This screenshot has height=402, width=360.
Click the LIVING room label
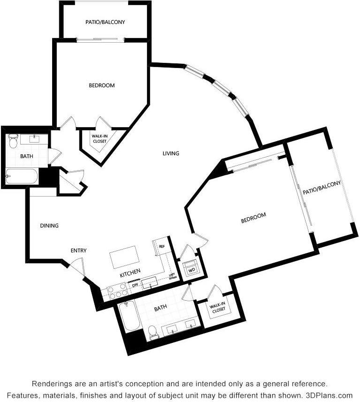pyautogui.click(x=171, y=153)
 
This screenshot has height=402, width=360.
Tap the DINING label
pyautogui.click(x=49, y=226)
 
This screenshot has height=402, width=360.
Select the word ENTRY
pyautogui.click(x=78, y=250)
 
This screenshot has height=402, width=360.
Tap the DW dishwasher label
pyautogui.click(x=135, y=285)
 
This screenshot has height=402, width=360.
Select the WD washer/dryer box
pyautogui.click(x=191, y=270)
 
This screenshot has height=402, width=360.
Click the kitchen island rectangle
pyautogui.click(x=124, y=258)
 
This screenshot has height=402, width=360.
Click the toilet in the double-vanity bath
pyautogui.click(x=153, y=332)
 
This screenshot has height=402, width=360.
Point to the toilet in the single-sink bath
pyautogui.click(x=13, y=140)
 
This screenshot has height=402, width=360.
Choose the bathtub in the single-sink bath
pyautogui.click(x=21, y=176)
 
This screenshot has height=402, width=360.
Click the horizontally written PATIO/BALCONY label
pyautogui.click(x=105, y=22)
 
